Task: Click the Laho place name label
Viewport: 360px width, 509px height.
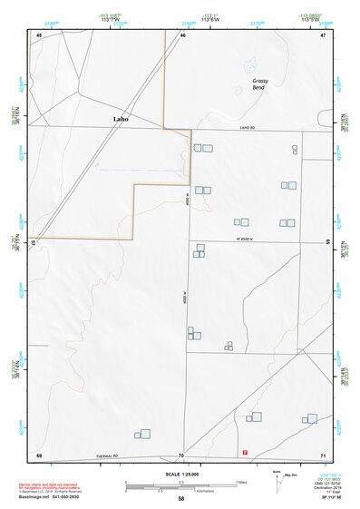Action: tap(121, 119)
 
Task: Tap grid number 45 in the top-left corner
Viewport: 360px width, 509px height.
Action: tap(39, 34)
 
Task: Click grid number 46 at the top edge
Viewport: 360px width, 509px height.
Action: tap(182, 34)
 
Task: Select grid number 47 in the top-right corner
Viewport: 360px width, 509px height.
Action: tap(322, 34)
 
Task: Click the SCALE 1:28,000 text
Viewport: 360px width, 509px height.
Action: tap(181, 473)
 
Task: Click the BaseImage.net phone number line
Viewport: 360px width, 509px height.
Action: tap(50, 498)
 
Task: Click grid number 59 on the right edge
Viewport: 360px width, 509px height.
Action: tap(326, 241)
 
